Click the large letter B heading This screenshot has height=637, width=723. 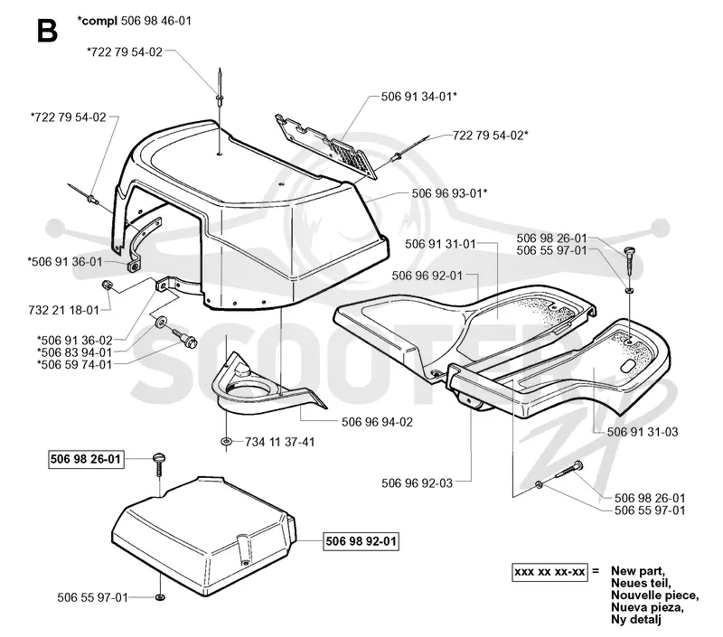(x=47, y=30)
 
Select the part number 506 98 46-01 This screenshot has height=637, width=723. (x=155, y=21)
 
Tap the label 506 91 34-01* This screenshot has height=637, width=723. (x=419, y=97)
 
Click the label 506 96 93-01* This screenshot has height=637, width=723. (x=449, y=193)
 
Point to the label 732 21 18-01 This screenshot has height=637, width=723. (x=63, y=310)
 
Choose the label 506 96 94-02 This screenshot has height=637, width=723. (x=377, y=422)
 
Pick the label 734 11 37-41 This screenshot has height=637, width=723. (x=280, y=442)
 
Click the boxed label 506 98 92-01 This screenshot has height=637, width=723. (x=361, y=540)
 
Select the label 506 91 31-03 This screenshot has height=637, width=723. (x=643, y=432)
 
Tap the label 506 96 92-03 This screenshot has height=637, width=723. (x=418, y=483)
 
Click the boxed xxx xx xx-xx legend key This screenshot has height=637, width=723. (x=549, y=572)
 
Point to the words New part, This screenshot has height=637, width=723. (x=638, y=571)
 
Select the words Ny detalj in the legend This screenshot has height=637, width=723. (x=636, y=620)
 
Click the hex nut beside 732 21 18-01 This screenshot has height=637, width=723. (x=107, y=286)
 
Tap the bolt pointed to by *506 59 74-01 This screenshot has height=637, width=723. (x=185, y=338)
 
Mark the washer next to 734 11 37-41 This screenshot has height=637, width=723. (x=227, y=442)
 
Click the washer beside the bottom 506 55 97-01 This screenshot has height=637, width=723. (x=160, y=597)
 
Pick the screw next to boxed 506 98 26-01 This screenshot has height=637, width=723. (x=159, y=465)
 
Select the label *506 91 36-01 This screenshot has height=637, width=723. (x=65, y=262)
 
